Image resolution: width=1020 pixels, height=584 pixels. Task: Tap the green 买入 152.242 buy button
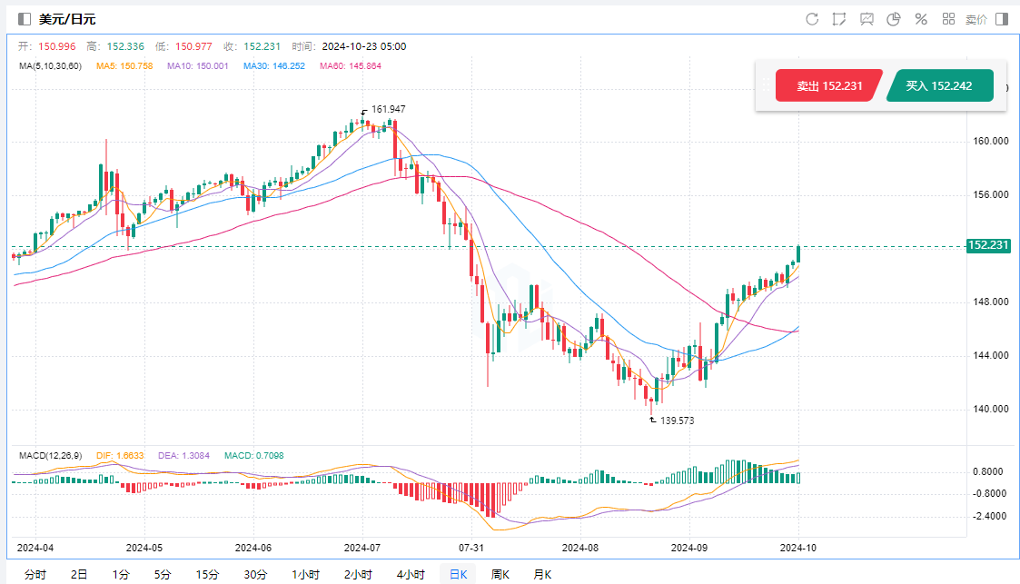pyautogui.click(x=939, y=86)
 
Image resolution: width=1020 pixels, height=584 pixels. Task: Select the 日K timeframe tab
pyautogui.click(x=458, y=574)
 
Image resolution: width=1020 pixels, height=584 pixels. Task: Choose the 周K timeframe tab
pyautogui.click(x=500, y=574)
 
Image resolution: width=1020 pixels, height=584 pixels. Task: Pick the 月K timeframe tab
pyautogui.click(x=542, y=574)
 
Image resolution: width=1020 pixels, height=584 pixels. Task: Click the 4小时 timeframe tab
pyautogui.click(x=411, y=574)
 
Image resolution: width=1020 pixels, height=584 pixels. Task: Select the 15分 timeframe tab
pyautogui.click(x=207, y=574)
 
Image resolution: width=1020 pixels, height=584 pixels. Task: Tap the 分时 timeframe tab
pyautogui.click(x=35, y=574)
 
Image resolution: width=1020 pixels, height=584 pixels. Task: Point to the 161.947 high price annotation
pyautogui.click(x=388, y=109)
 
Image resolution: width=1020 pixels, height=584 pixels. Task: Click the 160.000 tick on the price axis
pyautogui.click(x=989, y=142)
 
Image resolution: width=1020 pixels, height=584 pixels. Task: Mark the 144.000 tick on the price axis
pyautogui.click(x=989, y=355)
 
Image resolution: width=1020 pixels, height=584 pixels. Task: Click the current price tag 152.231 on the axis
pyautogui.click(x=989, y=245)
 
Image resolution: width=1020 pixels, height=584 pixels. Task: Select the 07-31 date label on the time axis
pyautogui.click(x=470, y=548)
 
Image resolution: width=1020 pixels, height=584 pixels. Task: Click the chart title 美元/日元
pyautogui.click(x=67, y=19)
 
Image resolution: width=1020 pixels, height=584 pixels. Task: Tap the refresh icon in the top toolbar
pyautogui.click(x=812, y=19)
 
